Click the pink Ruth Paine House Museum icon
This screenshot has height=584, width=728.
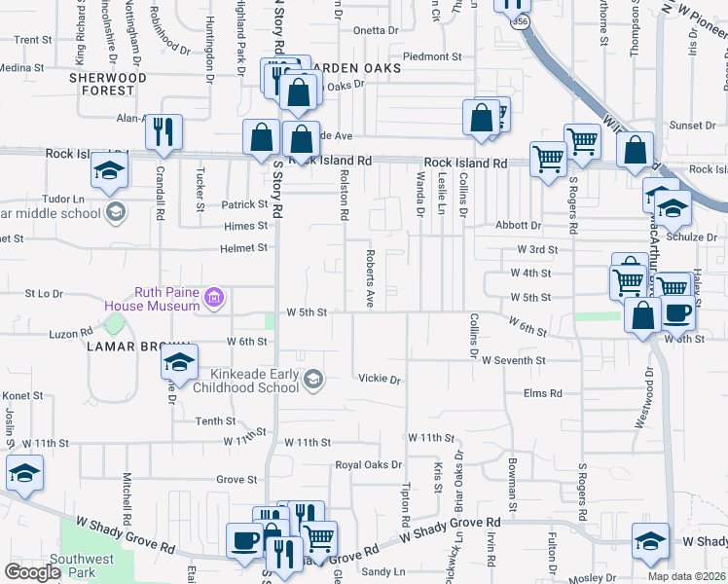215,297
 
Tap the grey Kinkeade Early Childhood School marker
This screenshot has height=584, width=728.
313,380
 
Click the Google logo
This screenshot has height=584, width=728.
32,572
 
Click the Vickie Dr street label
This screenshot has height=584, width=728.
380,379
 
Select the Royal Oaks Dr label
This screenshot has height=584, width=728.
368,465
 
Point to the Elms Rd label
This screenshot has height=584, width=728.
543,393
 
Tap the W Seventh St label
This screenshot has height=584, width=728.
513,360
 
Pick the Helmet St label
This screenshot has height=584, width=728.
243,248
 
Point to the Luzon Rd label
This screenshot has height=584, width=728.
70,334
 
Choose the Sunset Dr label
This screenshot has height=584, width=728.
692,126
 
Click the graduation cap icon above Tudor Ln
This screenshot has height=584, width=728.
108,172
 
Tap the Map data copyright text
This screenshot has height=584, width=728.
686,576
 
